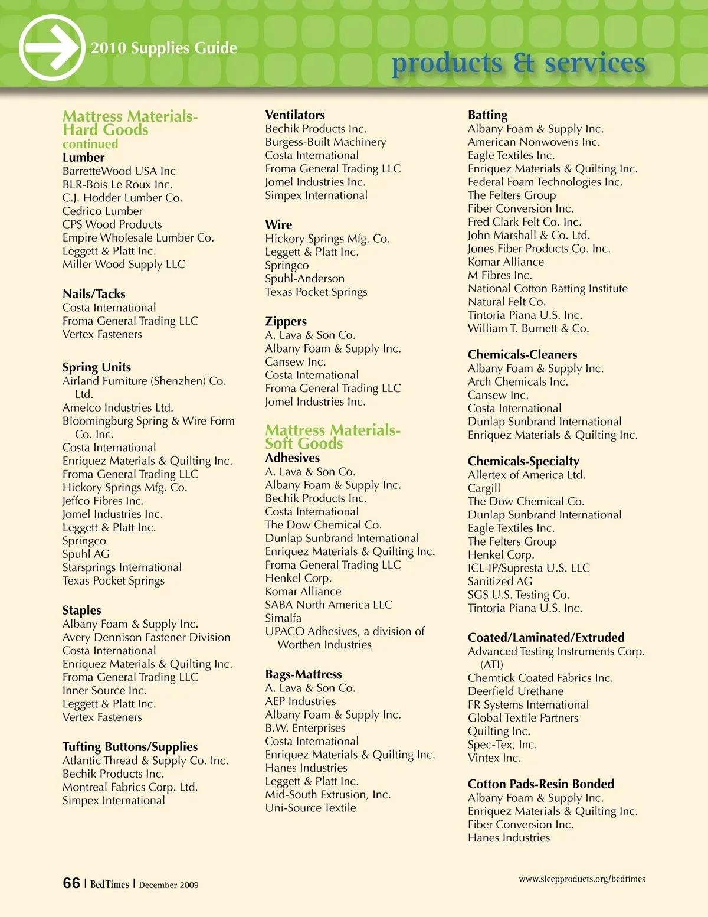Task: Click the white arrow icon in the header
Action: (51, 47)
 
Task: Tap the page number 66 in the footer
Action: (71, 883)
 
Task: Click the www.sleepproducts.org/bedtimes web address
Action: (582, 879)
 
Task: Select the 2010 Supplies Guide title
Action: (164, 48)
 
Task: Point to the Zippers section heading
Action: (286, 321)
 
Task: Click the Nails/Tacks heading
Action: (94, 293)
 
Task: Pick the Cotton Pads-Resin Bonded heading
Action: (540, 784)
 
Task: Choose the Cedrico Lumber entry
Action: (103, 211)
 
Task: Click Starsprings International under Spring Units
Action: (122, 567)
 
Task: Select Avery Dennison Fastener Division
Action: (146, 637)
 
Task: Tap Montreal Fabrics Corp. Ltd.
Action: (130, 787)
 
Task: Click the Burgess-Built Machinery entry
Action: (326, 142)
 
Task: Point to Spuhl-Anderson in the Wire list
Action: (304, 278)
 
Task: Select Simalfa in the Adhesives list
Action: (283, 618)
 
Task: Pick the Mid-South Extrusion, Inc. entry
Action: (327, 794)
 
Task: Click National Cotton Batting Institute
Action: (548, 288)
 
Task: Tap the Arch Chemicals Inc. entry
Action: (517, 381)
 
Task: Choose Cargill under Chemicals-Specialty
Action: (484, 488)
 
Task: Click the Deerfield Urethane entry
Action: (515, 691)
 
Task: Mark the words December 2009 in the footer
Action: (169, 885)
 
